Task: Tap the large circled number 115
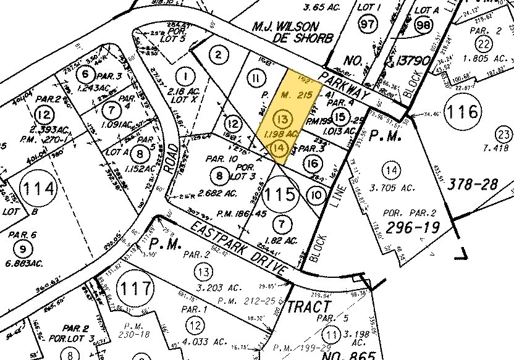[280, 197]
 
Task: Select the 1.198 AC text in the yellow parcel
[282, 134]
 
